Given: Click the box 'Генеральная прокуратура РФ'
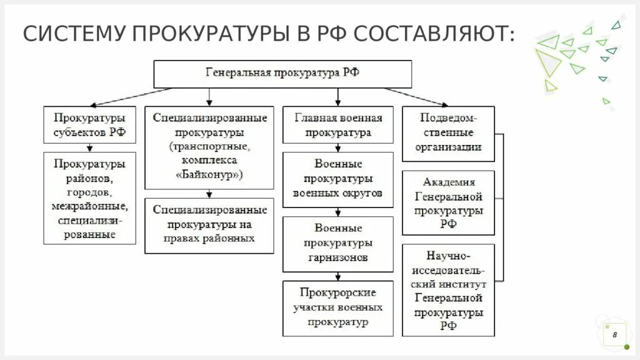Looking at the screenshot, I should [282, 73].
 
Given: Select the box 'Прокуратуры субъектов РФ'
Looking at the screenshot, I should [89, 124].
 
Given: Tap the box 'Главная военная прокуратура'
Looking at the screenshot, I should [338, 124].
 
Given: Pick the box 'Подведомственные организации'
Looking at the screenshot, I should [448, 133].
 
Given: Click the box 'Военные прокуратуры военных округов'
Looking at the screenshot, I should [338, 179].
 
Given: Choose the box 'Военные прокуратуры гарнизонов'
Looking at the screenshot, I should [338, 243].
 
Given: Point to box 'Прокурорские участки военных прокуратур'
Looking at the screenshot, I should [338, 307].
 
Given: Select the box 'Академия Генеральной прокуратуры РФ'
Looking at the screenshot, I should [448, 203].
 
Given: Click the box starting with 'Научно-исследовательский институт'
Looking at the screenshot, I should [448, 291].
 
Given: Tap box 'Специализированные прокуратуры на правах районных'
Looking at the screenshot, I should [209, 224].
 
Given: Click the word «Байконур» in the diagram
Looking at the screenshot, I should [209, 176].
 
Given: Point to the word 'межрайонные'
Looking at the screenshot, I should [90, 206].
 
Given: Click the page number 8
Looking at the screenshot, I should [614, 335].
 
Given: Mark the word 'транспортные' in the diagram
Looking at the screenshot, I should [209, 147].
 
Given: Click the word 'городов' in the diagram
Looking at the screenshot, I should [90, 192].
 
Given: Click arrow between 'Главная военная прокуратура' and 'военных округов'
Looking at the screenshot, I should [338, 147].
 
